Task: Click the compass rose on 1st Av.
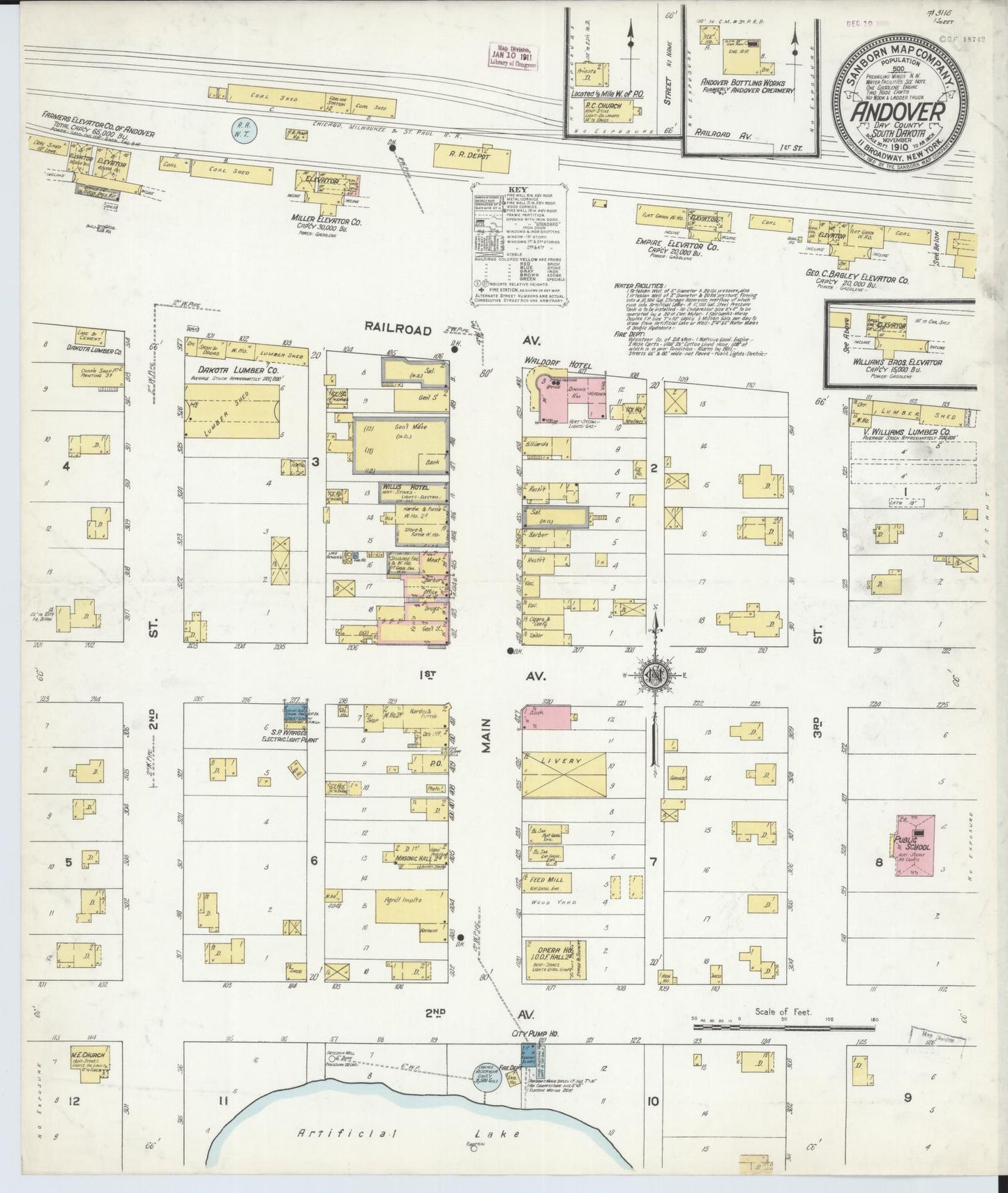656,675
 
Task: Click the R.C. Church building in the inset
606,108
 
